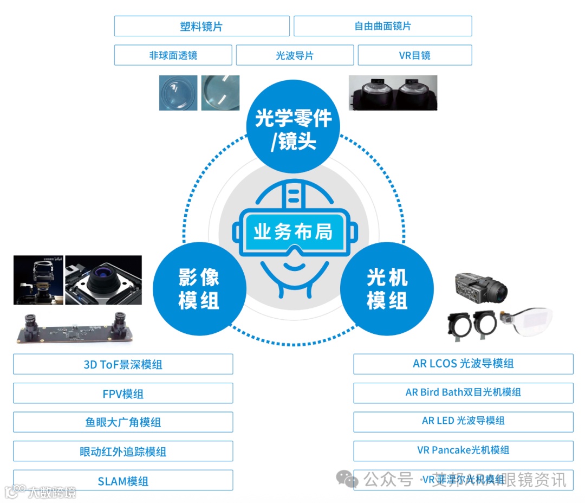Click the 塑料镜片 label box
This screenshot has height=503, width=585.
(x=201, y=26)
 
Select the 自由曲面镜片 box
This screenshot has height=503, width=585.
(x=382, y=26)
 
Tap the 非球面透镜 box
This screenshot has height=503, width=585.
(x=173, y=55)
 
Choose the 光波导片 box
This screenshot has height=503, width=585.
(x=295, y=55)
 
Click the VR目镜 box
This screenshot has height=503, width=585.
(x=415, y=55)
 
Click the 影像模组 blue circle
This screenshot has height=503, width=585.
(x=199, y=288)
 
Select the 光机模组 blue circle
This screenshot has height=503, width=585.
(x=387, y=288)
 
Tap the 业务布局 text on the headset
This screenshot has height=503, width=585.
(x=293, y=232)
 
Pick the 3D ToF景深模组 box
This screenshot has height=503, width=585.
(x=123, y=364)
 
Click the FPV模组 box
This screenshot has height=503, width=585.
(x=123, y=394)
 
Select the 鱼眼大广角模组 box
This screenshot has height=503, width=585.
(x=123, y=422)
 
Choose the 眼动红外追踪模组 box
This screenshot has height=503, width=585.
(x=123, y=452)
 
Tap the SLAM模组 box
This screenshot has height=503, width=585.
(x=123, y=481)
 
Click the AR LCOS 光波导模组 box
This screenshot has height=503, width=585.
(x=463, y=364)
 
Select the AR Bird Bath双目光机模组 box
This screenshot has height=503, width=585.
(x=463, y=392)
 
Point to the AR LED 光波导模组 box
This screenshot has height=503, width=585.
(x=463, y=421)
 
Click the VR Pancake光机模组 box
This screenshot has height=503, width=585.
(x=463, y=450)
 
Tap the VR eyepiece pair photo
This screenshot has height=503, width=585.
(x=393, y=93)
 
